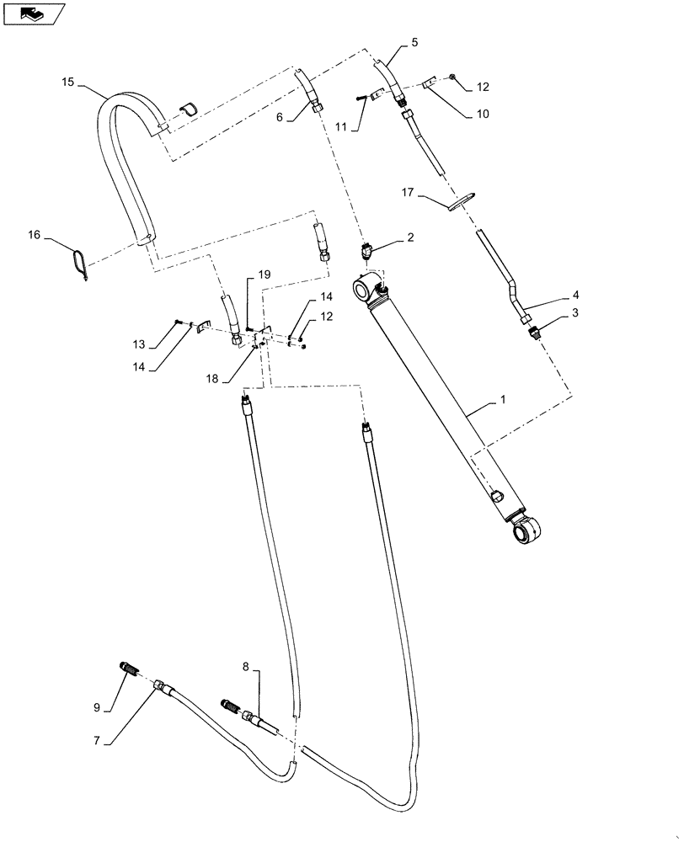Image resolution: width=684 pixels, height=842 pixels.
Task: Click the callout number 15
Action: (x=68, y=82)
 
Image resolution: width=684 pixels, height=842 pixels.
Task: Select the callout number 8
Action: (x=247, y=666)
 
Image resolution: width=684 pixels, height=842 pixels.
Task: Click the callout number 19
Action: (x=264, y=275)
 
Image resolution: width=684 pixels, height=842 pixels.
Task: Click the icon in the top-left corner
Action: (x=34, y=13)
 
